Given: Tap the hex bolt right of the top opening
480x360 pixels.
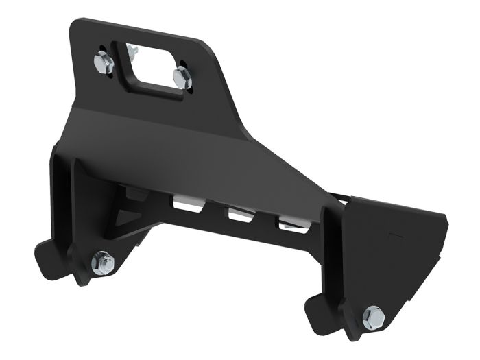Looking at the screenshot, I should pyautogui.click(x=182, y=77).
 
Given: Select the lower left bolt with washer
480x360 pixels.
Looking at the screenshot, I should pyautogui.click(x=103, y=262).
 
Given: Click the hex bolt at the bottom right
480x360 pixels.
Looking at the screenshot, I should pyautogui.click(x=373, y=316).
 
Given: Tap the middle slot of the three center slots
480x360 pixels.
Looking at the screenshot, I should pyautogui.click(x=240, y=214).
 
